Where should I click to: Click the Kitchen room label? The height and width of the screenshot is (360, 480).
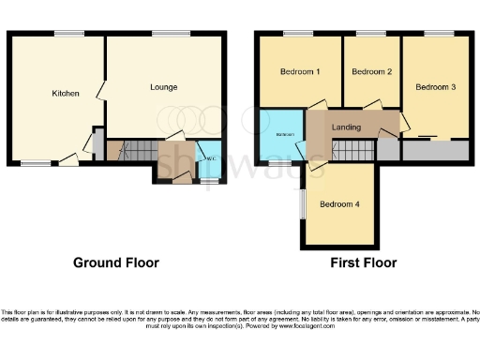66,93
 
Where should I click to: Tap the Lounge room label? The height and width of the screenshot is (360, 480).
164,87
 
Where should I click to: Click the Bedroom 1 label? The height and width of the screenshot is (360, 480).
300,72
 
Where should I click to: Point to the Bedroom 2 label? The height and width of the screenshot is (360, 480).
371,72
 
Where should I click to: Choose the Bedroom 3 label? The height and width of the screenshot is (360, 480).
435,87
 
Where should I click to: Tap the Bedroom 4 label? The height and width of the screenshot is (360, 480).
338,204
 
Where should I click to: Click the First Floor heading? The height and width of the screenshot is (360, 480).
363,262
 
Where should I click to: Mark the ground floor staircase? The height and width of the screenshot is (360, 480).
139,149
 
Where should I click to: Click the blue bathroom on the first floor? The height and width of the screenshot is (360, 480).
282,136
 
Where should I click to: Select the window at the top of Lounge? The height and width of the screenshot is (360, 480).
165,34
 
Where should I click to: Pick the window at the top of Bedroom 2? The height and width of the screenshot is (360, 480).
370,34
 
